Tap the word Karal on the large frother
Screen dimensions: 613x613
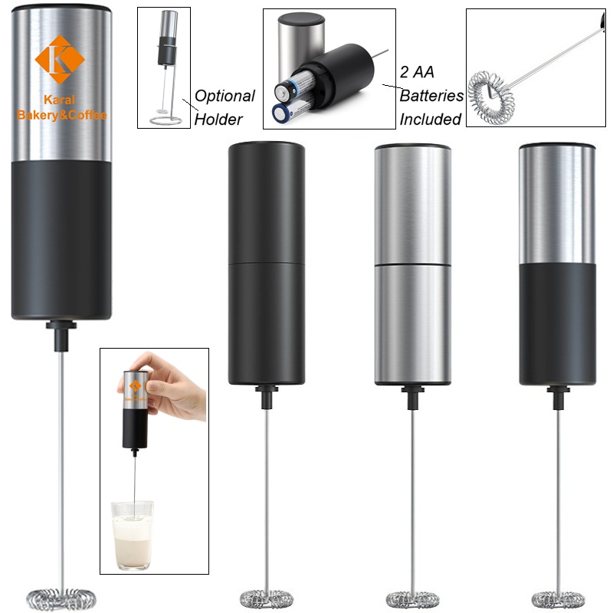[x=63, y=100]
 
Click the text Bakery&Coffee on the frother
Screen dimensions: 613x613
[x=63, y=115]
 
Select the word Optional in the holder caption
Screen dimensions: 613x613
[x=225, y=96]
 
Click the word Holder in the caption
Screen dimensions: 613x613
[x=218, y=119]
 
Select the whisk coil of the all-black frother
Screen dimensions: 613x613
[x=267, y=595]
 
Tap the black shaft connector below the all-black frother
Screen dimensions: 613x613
[x=267, y=398]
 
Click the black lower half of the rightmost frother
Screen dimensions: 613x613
[x=557, y=322]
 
